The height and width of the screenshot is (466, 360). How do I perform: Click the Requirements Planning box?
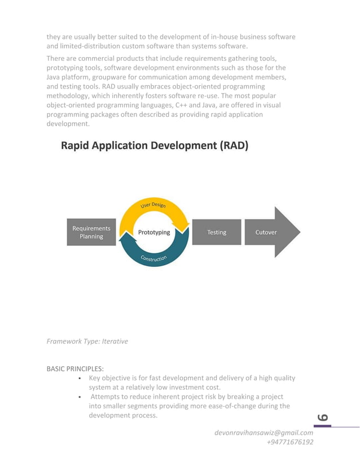(91, 232)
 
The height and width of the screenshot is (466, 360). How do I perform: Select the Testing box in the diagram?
(217, 232)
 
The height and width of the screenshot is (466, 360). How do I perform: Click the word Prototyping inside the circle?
(154, 232)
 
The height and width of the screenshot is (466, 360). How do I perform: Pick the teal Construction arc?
(153, 257)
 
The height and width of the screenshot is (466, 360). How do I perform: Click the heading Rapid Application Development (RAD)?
(154, 146)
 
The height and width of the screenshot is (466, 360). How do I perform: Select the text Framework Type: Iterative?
(87, 341)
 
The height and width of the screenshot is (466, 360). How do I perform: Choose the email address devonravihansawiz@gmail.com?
(264, 433)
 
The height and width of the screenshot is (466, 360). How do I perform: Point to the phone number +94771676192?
(289, 442)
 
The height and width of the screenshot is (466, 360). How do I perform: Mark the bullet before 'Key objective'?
(82, 379)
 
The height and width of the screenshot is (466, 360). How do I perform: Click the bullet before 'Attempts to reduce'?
(82, 397)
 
